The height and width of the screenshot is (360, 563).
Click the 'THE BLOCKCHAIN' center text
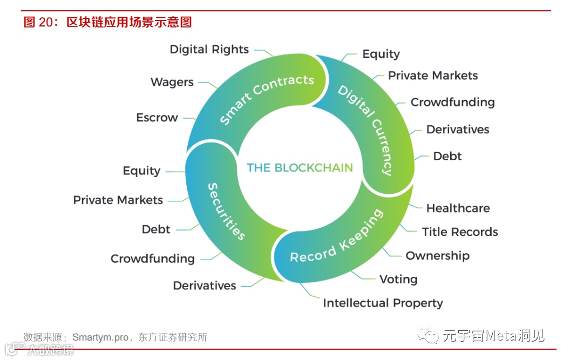300,167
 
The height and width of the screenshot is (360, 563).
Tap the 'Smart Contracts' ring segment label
267,99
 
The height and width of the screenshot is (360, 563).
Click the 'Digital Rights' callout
209,49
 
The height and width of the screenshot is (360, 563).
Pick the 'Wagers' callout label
172,82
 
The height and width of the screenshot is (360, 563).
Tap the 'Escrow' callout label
157,118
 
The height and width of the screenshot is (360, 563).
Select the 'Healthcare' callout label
458,208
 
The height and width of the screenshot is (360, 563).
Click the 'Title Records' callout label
459,232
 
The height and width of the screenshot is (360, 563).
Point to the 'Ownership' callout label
437,255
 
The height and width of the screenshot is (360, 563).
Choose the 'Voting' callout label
398,279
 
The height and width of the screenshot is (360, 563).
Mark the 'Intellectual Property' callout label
383,303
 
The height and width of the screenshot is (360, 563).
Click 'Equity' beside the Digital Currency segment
381,54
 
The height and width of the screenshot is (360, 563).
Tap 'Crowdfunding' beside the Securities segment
152,259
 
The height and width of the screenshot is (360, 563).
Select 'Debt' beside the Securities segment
156,229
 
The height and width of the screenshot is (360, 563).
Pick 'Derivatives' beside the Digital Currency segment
458,130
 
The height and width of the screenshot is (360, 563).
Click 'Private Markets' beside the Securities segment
118,200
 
